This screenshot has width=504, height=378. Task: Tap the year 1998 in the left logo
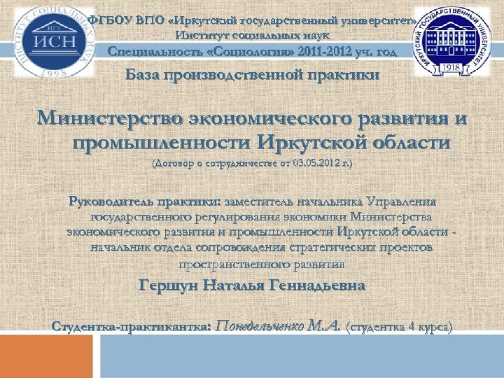click(51, 71)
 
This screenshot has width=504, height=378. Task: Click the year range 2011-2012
click(326, 52)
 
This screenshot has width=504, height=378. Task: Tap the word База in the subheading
click(149, 75)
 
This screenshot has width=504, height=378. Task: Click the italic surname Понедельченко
click(260, 325)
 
